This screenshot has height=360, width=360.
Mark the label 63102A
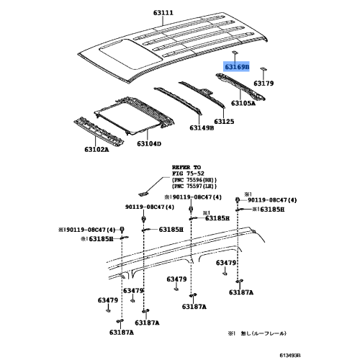[94, 150]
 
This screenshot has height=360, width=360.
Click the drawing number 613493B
[336, 353]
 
